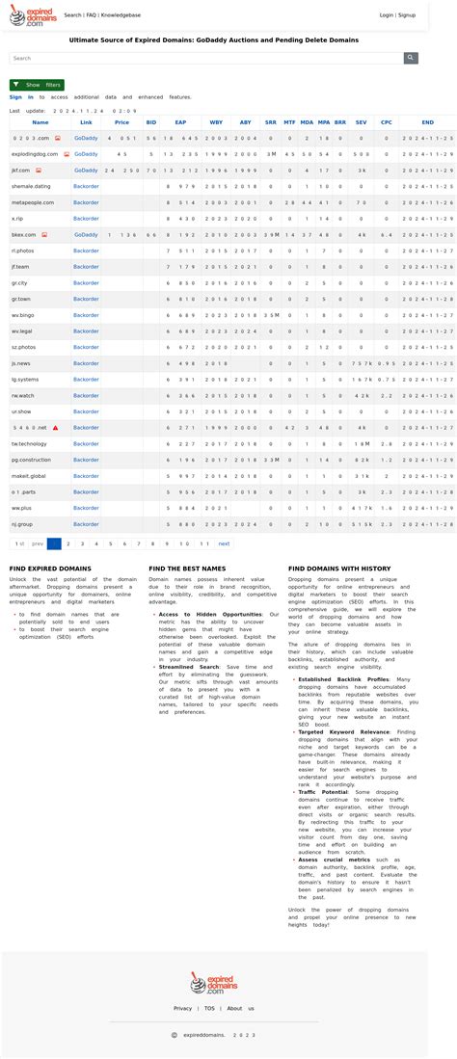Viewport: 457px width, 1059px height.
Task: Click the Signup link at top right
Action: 407,15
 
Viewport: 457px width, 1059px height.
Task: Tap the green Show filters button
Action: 37,85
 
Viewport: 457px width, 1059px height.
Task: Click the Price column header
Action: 121,122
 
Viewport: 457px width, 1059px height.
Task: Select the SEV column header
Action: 361,122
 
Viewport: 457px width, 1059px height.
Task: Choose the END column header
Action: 427,122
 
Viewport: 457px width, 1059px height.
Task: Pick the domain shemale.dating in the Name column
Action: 31,186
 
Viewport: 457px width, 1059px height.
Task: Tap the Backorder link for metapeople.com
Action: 86,202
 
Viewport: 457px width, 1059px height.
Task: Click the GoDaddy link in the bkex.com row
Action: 86,234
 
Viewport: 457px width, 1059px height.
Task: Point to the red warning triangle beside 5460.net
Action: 56,427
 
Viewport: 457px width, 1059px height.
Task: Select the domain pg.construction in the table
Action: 31,460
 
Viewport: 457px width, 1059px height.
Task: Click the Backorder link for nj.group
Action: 86,524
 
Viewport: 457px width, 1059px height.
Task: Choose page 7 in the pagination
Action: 139,543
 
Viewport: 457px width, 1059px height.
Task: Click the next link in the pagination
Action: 224,543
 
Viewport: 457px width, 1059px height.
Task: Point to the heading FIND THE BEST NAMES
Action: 187,569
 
